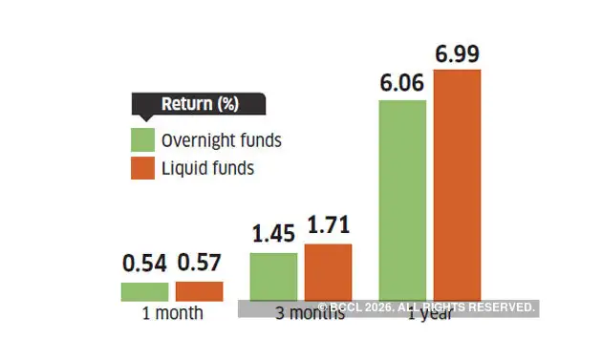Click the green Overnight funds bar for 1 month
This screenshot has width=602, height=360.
(x=144, y=291)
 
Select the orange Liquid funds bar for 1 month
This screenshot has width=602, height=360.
(x=199, y=291)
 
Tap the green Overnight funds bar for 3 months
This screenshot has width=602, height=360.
(x=273, y=277)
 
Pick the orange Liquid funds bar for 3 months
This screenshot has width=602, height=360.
(x=328, y=272)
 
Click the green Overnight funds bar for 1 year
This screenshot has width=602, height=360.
(x=403, y=201)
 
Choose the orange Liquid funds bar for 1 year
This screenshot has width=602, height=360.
(x=458, y=185)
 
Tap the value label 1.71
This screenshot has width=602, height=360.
(x=328, y=227)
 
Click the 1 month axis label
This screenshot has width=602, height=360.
(x=172, y=313)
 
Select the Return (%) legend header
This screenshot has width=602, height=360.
(x=199, y=104)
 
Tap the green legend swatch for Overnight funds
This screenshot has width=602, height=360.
(x=142, y=140)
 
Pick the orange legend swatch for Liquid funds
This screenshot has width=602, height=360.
(x=142, y=168)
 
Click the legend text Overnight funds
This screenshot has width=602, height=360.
(x=221, y=140)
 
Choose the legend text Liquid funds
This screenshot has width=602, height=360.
(x=207, y=168)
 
